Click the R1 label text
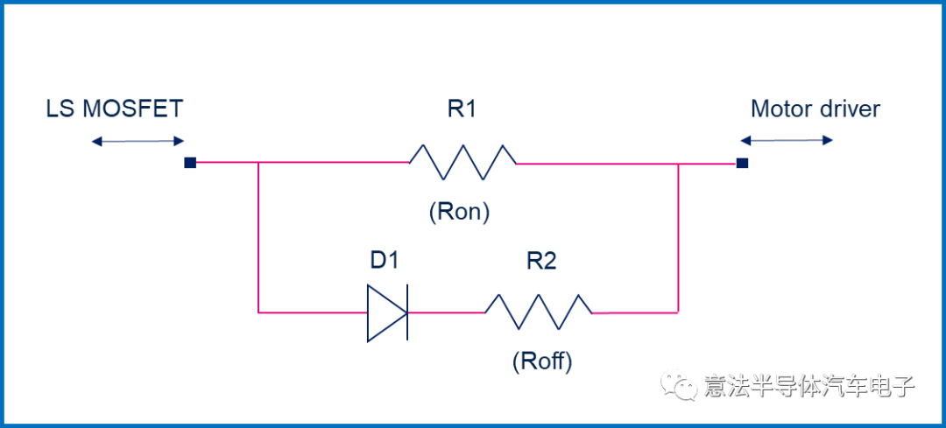461,110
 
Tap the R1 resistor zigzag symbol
462,162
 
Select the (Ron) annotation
460,213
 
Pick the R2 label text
541,261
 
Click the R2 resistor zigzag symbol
538,312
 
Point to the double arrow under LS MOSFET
138,140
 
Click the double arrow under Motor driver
787,140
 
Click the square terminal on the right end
742,162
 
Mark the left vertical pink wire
258,236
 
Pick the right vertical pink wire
678,236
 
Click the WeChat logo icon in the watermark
679,385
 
